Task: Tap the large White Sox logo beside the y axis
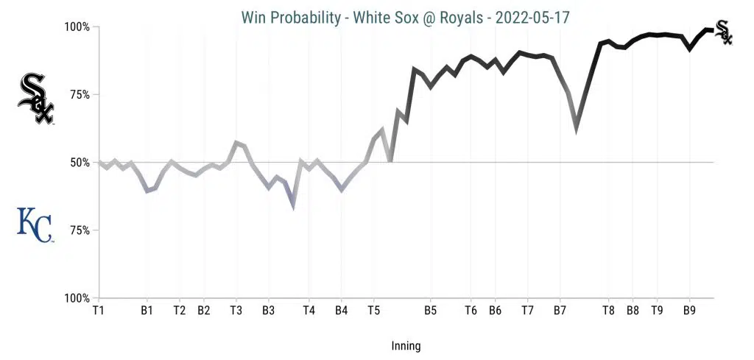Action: (x=35, y=99)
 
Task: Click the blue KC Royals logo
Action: (x=35, y=225)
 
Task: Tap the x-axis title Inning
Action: (x=406, y=345)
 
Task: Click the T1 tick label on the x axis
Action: (x=98, y=311)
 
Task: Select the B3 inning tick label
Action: (x=269, y=311)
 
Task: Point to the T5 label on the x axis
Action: (x=373, y=311)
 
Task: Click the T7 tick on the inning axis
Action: (x=527, y=311)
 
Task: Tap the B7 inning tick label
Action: (x=560, y=311)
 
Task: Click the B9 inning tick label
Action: (x=689, y=311)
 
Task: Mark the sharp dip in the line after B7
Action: (x=577, y=127)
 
